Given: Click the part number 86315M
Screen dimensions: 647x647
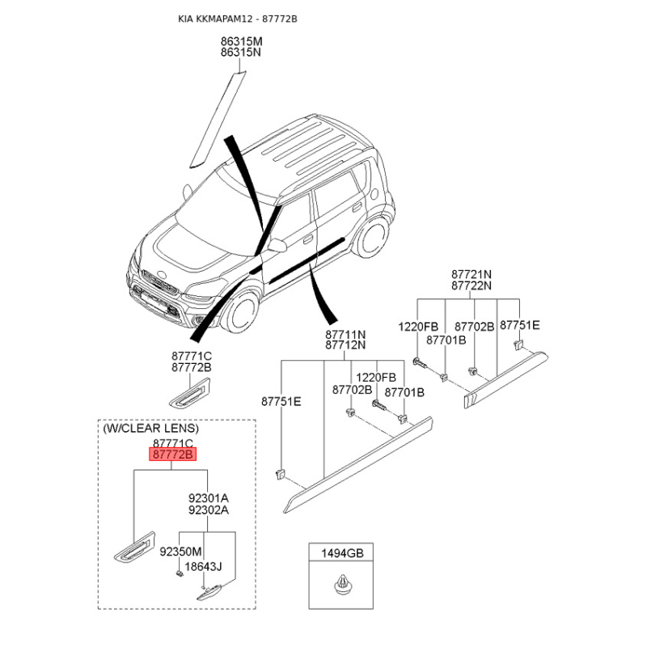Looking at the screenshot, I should coord(242,40).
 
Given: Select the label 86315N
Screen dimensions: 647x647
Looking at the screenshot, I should coord(242,52).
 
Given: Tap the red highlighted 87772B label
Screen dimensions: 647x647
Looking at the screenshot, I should coord(173,455).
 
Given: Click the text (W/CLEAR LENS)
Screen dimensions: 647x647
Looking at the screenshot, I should coord(150,428).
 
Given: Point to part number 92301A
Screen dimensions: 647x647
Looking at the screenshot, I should coord(208,498).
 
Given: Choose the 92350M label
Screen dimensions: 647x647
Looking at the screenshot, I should coord(180,552).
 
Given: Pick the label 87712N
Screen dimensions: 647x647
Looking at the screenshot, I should coord(345,345).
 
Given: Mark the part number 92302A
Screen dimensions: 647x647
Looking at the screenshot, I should coord(208,510).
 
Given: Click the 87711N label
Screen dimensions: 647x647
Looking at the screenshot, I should coord(345,334).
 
